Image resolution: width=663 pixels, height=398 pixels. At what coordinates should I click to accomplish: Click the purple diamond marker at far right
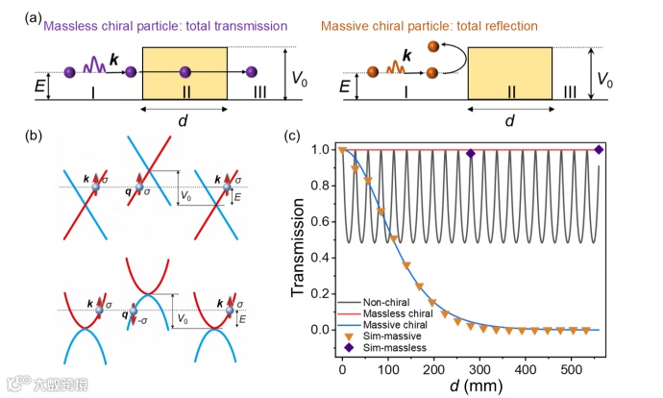coord(599,150)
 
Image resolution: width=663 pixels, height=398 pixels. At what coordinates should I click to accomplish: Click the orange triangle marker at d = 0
coord(342,150)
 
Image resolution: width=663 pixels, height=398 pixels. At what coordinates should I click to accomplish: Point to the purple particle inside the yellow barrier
coord(183,71)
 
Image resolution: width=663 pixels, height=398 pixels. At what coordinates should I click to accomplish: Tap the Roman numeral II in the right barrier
coord(512,90)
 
